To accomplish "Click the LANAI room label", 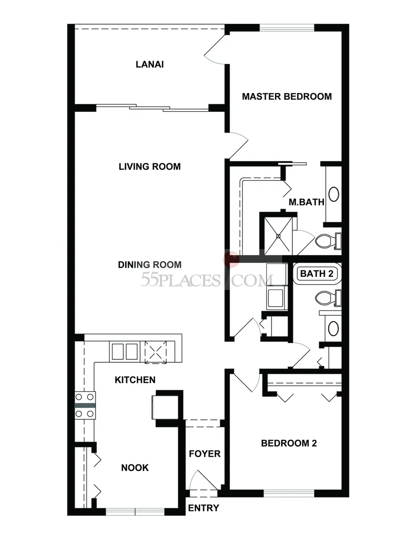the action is (x=150, y=64).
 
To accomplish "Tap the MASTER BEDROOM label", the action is (x=287, y=96).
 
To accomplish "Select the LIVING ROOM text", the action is (x=150, y=167).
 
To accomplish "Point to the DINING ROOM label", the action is (x=150, y=265).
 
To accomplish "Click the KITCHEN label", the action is (x=135, y=380).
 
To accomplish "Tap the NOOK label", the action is (x=135, y=467).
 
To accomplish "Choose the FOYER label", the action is (x=205, y=454).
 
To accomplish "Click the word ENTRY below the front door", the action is (x=204, y=508).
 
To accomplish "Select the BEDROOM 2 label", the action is (x=289, y=443).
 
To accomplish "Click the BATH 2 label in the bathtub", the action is (x=317, y=274).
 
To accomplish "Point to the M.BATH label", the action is (x=306, y=202).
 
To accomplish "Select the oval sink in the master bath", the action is (x=334, y=194).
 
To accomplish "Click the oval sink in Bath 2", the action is (x=334, y=329).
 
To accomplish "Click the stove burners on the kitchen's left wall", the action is (x=85, y=406).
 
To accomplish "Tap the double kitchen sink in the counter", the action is (x=125, y=351).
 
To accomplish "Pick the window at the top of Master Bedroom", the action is (x=287, y=28).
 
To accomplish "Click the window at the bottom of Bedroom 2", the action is (x=289, y=493).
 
